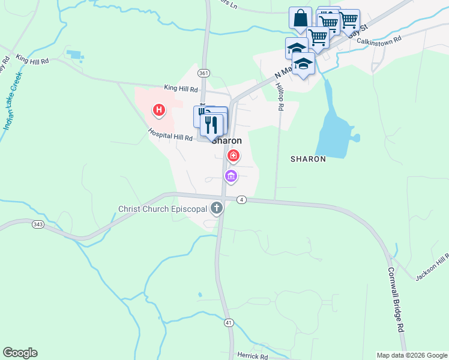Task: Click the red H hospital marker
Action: (x=159, y=110)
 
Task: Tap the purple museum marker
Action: (x=231, y=176)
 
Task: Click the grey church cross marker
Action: (x=216, y=209)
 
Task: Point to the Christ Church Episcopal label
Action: (x=163, y=209)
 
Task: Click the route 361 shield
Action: (x=203, y=73)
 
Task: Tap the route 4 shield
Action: (x=241, y=200)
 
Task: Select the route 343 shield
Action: (x=38, y=224)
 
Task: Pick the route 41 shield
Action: (x=229, y=322)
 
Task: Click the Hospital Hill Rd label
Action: (x=170, y=137)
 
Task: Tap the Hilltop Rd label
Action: (x=280, y=97)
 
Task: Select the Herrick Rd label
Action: (x=252, y=356)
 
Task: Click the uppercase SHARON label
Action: (x=308, y=159)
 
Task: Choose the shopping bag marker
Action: (x=300, y=17)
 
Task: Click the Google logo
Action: (x=20, y=353)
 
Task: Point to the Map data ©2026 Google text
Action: (x=412, y=355)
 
